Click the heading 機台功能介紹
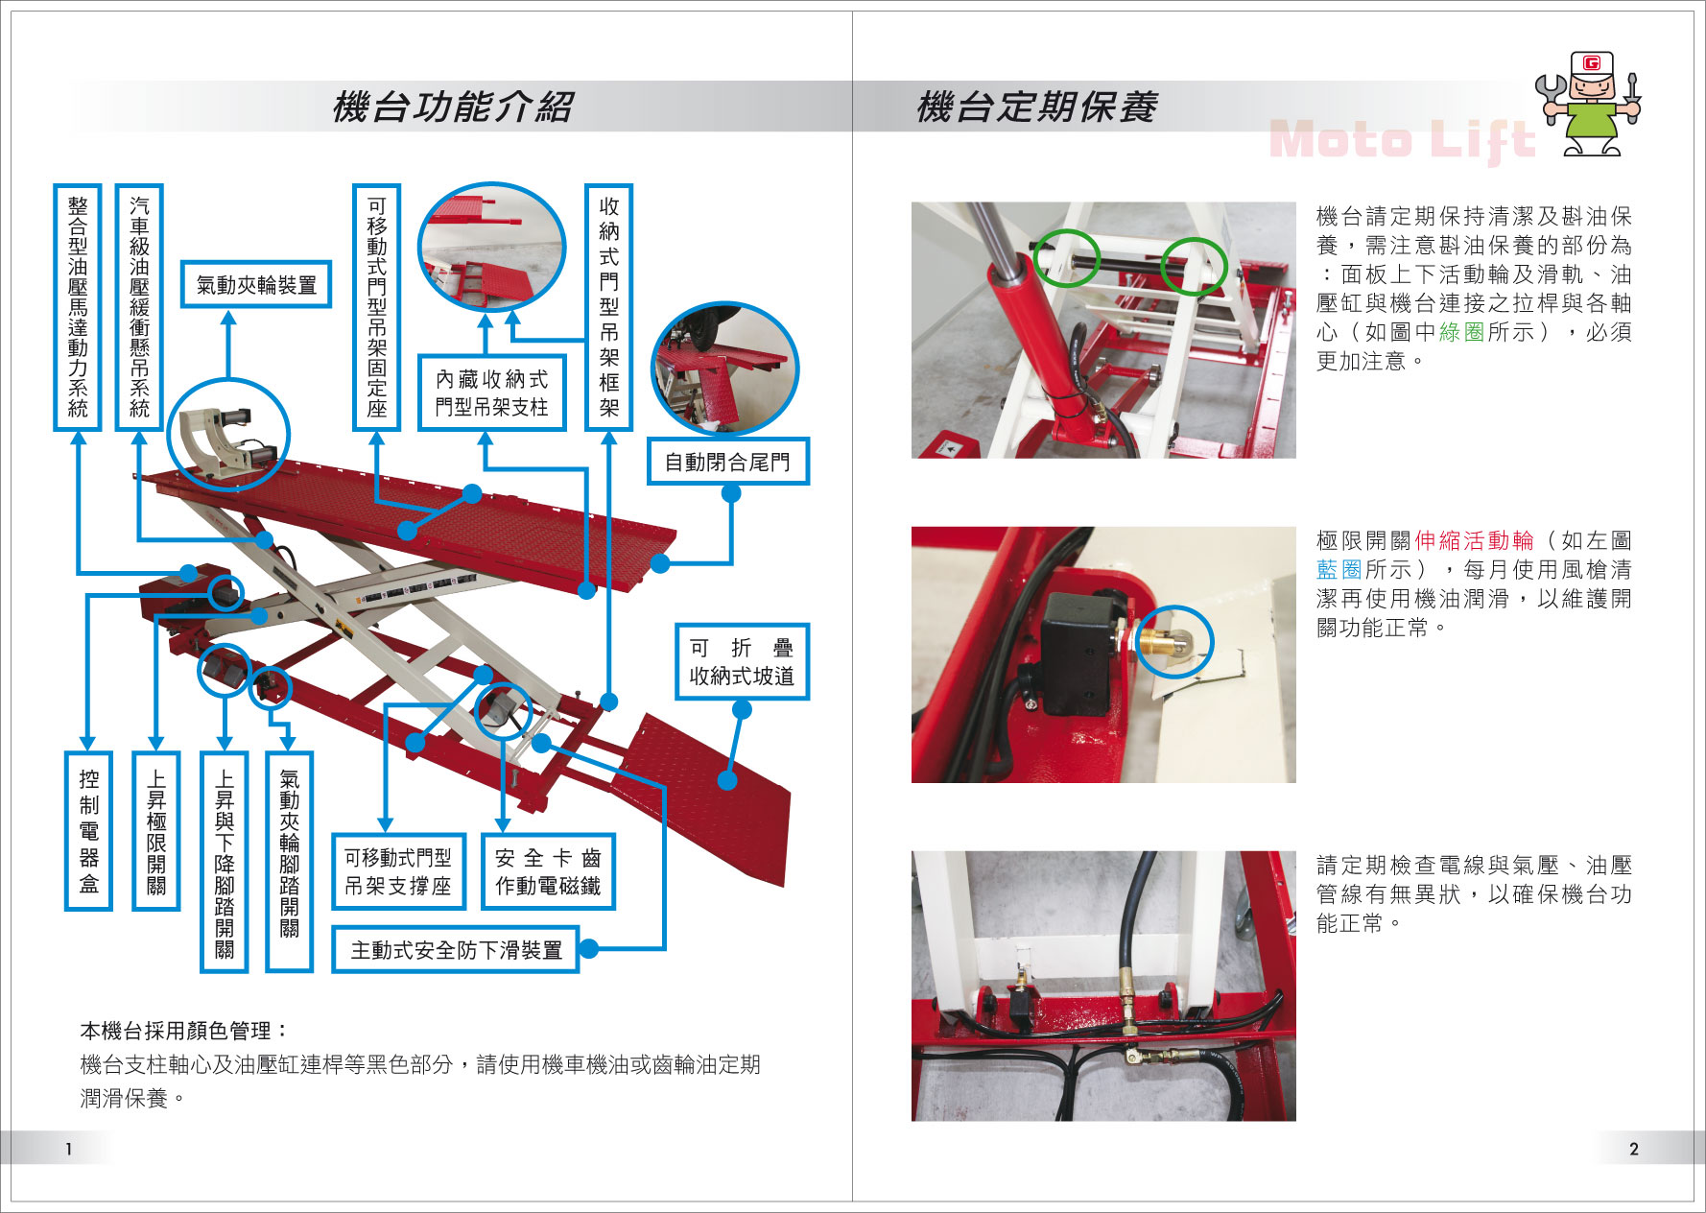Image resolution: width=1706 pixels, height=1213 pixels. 453,107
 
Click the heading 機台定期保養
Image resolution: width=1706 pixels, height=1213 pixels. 1037,107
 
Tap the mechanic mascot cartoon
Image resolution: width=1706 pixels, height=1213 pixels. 1588,104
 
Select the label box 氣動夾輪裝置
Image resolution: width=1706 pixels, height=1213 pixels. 256,284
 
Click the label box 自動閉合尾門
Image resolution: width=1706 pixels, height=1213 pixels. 727,462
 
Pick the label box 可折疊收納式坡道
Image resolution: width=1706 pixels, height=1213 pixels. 742,661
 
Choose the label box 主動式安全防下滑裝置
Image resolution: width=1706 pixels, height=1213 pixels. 456,949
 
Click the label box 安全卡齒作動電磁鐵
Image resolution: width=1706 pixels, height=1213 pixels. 548,871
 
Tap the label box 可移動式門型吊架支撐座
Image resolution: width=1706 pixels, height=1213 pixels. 398,871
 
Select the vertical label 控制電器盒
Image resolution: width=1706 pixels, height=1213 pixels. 88,831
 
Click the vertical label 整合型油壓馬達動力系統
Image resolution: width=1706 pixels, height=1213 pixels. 78,307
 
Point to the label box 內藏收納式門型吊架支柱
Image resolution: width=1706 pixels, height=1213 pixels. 491,392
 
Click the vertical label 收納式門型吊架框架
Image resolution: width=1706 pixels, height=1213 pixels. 609,307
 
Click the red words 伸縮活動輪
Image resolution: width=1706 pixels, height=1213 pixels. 1474,540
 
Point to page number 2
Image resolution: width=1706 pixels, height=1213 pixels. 1634,1149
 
